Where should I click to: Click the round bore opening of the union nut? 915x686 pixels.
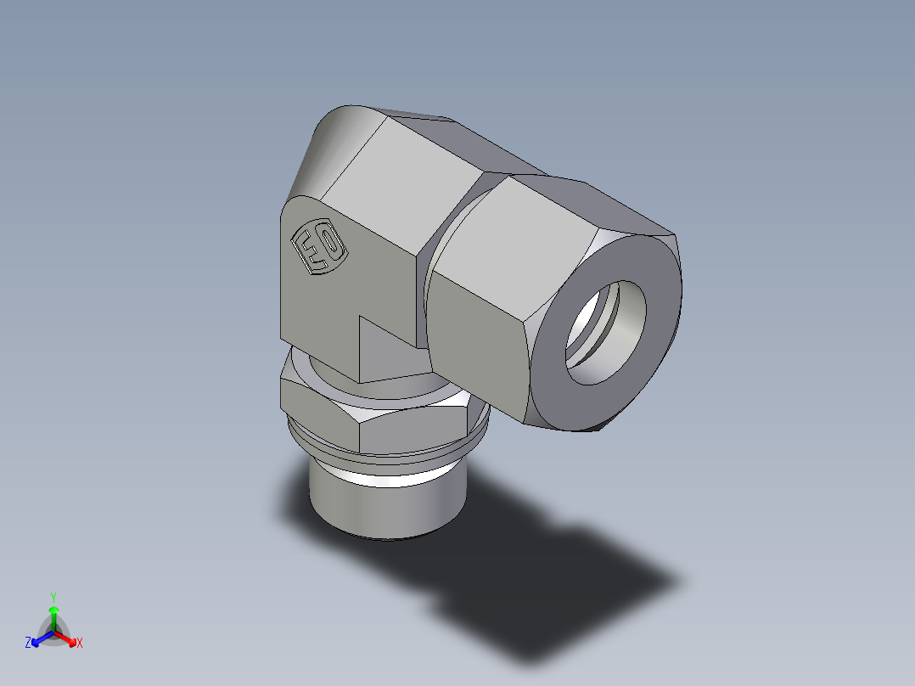click(609, 331)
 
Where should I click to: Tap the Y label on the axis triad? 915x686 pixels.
click(53, 596)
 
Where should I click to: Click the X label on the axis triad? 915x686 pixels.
click(80, 644)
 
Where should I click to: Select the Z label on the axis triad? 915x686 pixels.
click(28, 644)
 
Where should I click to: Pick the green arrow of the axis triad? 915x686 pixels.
click(53, 613)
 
